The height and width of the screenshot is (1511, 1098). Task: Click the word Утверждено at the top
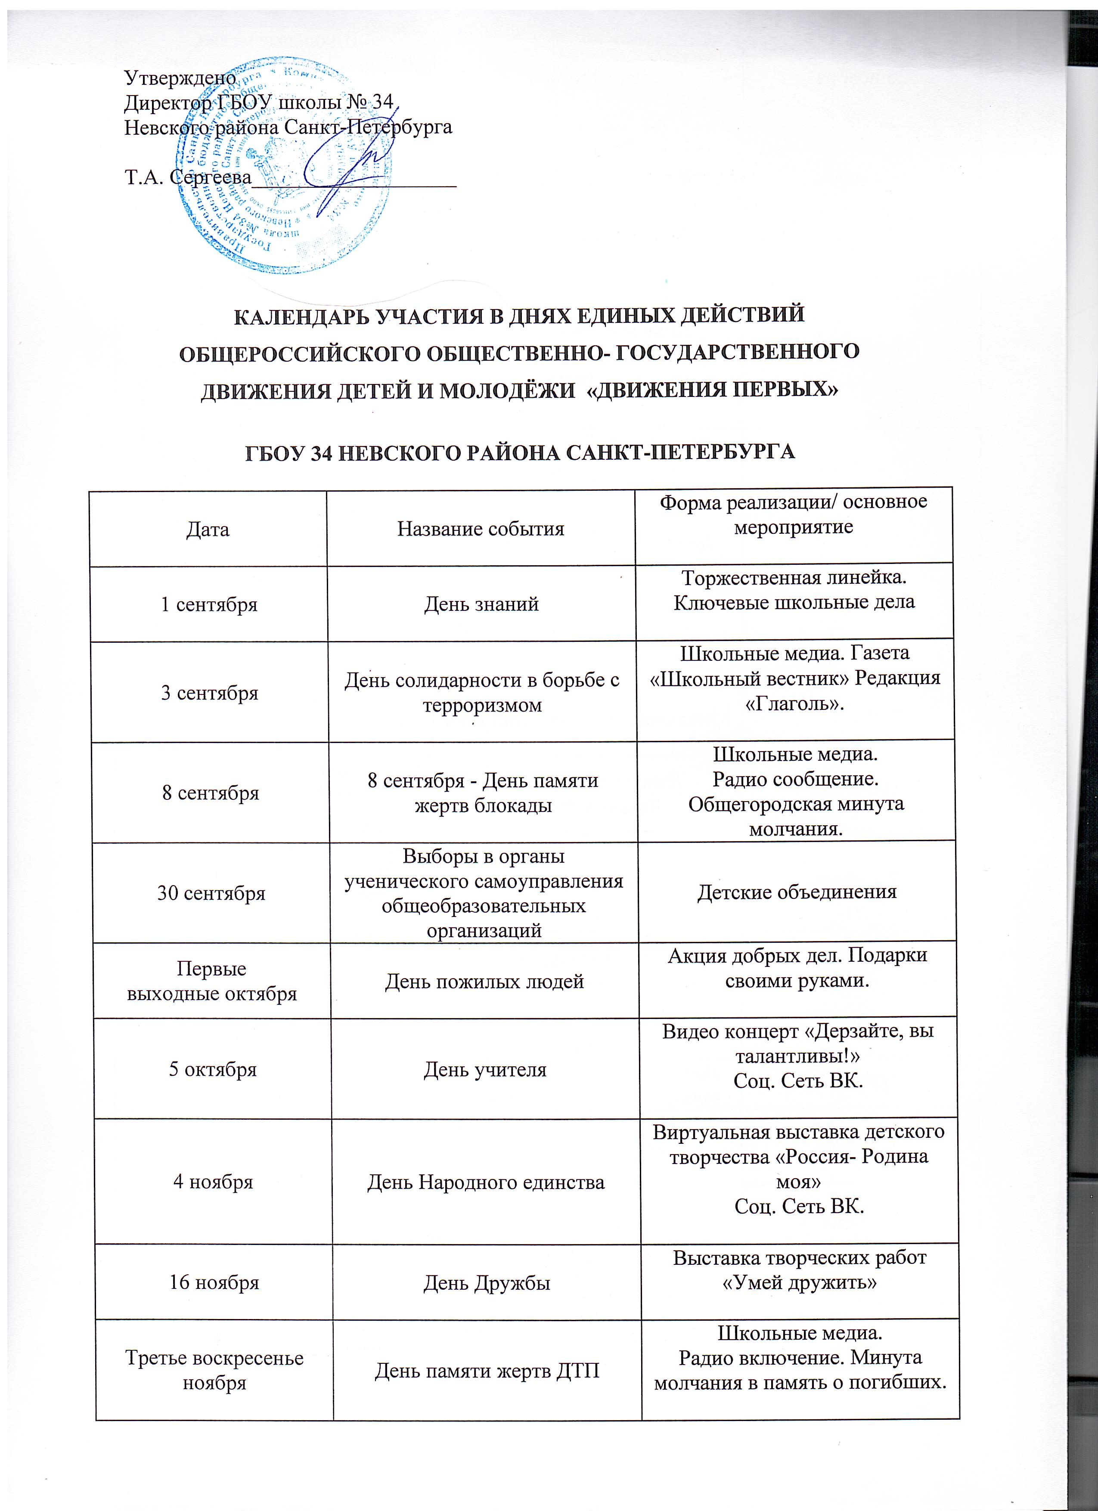coord(180,78)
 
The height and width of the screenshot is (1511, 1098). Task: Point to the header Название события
coord(481,529)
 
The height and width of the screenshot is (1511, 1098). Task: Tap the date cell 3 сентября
coord(210,693)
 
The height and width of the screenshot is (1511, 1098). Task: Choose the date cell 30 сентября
coord(211,893)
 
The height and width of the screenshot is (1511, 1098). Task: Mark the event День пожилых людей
coord(484,982)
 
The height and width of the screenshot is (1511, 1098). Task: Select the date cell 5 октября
coord(213,1069)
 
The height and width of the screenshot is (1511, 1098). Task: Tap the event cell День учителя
coord(485,1069)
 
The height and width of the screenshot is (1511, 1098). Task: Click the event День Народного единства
coord(486,1183)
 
